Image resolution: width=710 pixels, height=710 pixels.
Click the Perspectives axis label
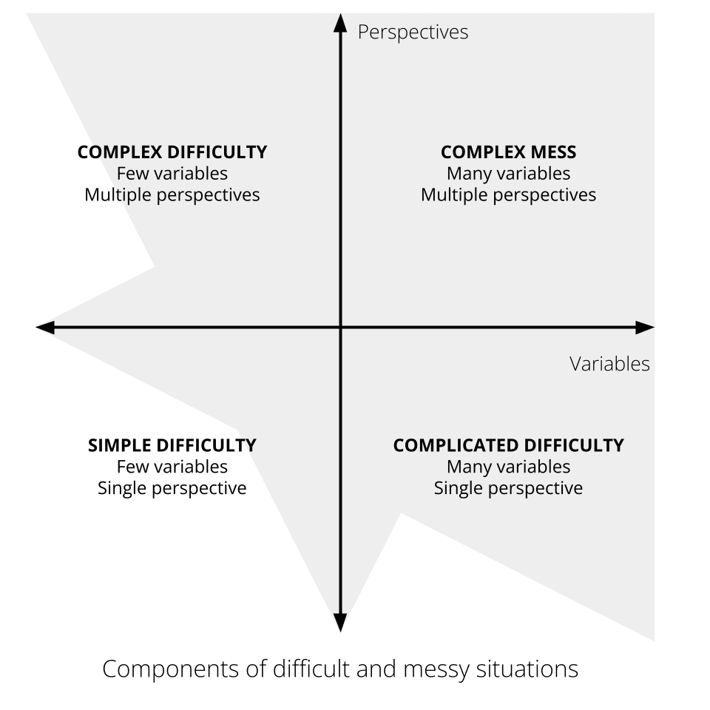(x=413, y=33)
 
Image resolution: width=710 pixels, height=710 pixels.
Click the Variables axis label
(x=609, y=364)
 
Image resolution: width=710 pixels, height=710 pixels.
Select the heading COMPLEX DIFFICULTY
(x=172, y=152)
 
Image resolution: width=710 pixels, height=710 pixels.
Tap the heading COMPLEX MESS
(x=508, y=152)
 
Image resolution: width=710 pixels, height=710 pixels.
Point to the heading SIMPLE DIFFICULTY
(x=172, y=445)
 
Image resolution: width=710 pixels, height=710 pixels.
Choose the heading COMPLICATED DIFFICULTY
(x=508, y=445)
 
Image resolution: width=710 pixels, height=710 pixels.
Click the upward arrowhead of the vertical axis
(x=340, y=23)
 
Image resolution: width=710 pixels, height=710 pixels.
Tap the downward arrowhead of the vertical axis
(x=340, y=623)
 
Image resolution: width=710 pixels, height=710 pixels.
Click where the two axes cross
(x=340, y=327)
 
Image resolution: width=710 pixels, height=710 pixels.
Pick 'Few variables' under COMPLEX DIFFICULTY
(x=172, y=174)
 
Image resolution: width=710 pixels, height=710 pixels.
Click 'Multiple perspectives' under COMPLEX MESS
(x=508, y=195)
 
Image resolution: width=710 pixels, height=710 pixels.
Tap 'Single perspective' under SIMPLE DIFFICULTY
(x=172, y=488)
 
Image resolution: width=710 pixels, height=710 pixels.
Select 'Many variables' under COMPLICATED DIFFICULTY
(x=508, y=467)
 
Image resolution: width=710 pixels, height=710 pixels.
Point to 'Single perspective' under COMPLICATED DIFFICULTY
(x=508, y=488)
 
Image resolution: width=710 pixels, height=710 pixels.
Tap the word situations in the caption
(x=529, y=669)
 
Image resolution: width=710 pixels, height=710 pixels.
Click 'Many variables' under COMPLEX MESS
(x=508, y=174)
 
